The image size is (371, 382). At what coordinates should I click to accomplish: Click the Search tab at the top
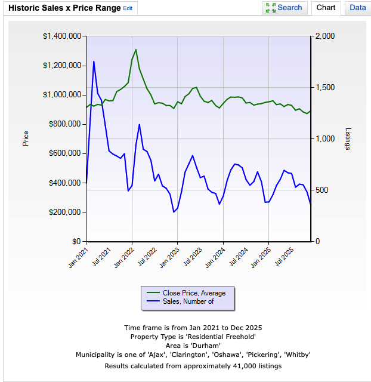(x=284, y=8)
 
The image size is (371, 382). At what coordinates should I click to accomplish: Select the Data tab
(x=358, y=8)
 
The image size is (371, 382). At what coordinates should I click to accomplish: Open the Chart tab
(x=326, y=8)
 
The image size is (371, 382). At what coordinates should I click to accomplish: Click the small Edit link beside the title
(x=128, y=8)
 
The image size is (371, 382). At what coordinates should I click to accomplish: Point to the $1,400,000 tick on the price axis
(x=62, y=36)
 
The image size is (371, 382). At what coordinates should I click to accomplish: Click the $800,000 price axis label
(x=64, y=124)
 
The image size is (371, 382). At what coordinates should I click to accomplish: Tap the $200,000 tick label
(x=64, y=212)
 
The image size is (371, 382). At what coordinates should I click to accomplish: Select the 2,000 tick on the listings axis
(x=325, y=36)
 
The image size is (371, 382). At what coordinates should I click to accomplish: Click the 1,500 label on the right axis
(x=325, y=88)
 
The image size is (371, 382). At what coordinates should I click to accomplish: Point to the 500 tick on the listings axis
(x=323, y=190)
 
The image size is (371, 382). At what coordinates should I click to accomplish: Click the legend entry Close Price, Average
(x=194, y=292)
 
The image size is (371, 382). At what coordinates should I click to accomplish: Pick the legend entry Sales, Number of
(x=188, y=301)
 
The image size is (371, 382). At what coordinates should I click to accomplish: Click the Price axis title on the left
(x=26, y=139)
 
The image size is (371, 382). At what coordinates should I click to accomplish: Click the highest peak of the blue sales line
(x=94, y=61)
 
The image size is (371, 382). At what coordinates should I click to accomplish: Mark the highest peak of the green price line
(x=136, y=50)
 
